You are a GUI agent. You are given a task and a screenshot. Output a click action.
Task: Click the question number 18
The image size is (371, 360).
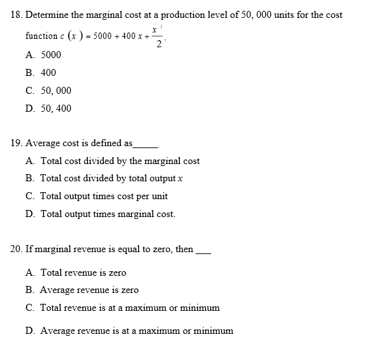(17, 15)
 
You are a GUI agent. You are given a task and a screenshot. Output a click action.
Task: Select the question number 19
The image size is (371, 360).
(17, 143)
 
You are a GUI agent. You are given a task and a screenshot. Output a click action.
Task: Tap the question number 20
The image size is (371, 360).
(17, 249)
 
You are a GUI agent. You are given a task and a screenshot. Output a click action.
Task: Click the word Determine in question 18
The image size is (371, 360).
(46, 15)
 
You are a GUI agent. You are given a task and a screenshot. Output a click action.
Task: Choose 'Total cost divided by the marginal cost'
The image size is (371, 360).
(120, 161)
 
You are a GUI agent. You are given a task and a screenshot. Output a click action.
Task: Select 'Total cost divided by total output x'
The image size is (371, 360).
(112, 178)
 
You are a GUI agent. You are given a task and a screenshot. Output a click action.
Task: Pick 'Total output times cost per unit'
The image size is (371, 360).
(104, 196)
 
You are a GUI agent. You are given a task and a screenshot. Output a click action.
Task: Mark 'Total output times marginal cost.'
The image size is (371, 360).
(108, 214)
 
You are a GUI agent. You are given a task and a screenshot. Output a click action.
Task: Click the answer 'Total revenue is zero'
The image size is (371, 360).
(83, 273)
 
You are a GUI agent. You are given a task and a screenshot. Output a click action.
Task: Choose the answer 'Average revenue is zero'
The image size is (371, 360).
(89, 290)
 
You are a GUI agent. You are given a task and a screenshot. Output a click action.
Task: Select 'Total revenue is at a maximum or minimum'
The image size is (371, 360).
(130, 308)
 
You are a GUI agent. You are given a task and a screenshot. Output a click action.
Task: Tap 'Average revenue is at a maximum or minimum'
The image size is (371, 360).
(136, 331)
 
